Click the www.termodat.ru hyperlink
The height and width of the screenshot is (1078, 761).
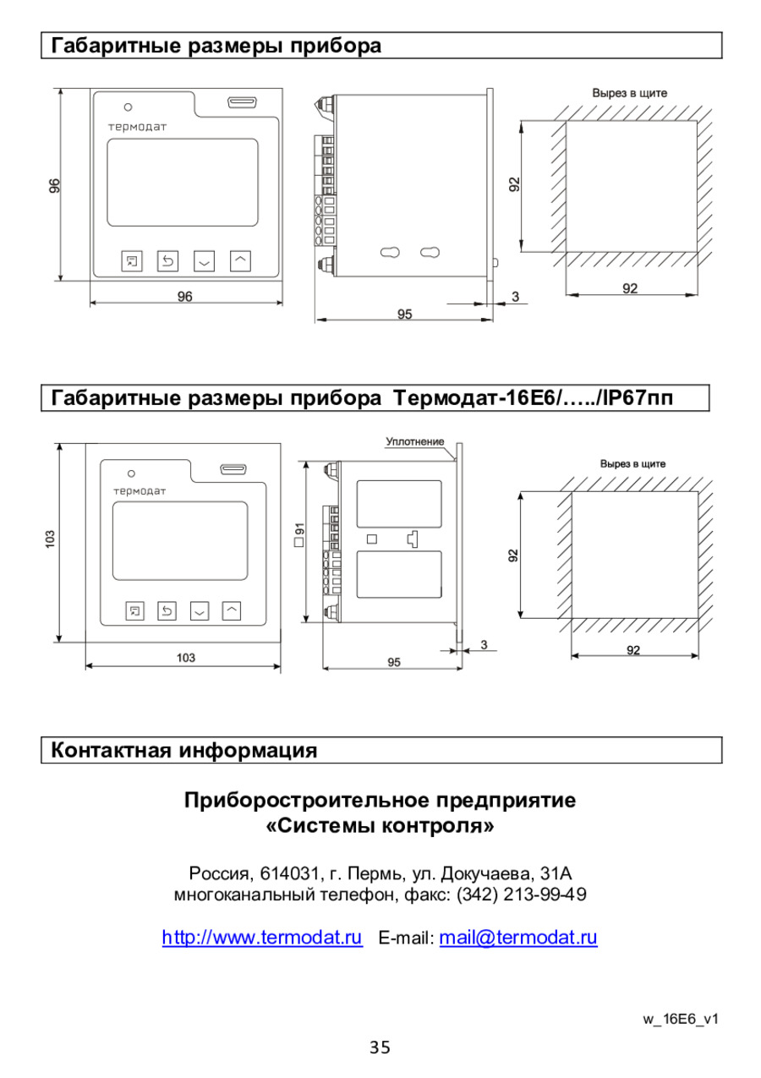coord(262,937)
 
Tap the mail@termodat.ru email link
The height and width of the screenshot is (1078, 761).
coord(518,937)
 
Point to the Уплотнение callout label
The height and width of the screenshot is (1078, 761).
coord(415,441)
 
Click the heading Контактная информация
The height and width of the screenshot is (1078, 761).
coord(183,750)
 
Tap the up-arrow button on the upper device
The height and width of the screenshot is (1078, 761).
coord(240,261)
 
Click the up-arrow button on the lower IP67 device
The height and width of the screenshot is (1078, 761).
coord(232,610)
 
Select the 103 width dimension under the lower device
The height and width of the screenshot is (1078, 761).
coord(186,658)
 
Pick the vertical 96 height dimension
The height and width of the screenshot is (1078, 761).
coord(55,185)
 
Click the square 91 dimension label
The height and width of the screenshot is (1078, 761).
coord(299,534)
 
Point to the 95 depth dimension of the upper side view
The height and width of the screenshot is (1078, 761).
coord(404,315)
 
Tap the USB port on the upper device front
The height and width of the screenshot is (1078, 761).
coord(243,102)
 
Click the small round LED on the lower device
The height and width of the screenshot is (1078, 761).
coord(131,473)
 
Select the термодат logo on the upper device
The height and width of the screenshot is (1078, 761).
coord(137,127)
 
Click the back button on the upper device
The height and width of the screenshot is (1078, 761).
coord(167,261)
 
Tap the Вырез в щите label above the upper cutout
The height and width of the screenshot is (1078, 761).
coord(630,93)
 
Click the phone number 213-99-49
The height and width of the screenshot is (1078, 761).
coord(545,895)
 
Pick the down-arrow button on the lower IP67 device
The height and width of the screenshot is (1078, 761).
coord(200,610)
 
